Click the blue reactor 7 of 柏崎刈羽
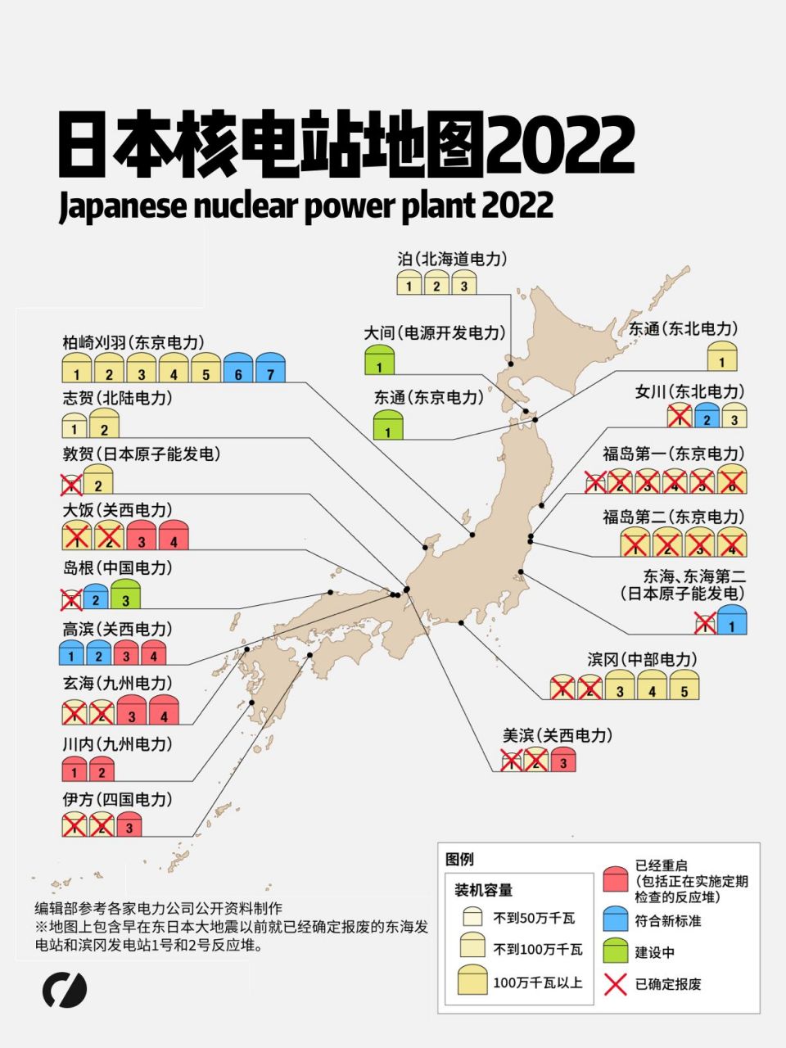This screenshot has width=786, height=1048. click(270, 368)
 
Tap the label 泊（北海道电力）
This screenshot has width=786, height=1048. click(453, 259)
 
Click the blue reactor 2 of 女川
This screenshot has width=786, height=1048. click(707, 416)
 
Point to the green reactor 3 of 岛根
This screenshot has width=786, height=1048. click(125, 594)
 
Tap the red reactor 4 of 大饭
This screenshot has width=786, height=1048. click(174, 535)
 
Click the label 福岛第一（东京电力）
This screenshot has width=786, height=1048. click(674, 454)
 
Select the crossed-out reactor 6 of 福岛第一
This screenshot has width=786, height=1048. click(732, 480)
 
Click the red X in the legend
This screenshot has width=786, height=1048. click(615, 984)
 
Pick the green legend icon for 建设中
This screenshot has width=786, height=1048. click(615, 951)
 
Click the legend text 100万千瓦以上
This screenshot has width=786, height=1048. click(537, 982)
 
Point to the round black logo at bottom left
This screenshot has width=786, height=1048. click(65, 990)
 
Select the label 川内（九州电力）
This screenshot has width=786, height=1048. click(118, 744)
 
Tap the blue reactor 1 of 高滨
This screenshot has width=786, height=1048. click(72, 653)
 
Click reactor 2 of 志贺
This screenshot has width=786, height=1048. click(104, 423)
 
